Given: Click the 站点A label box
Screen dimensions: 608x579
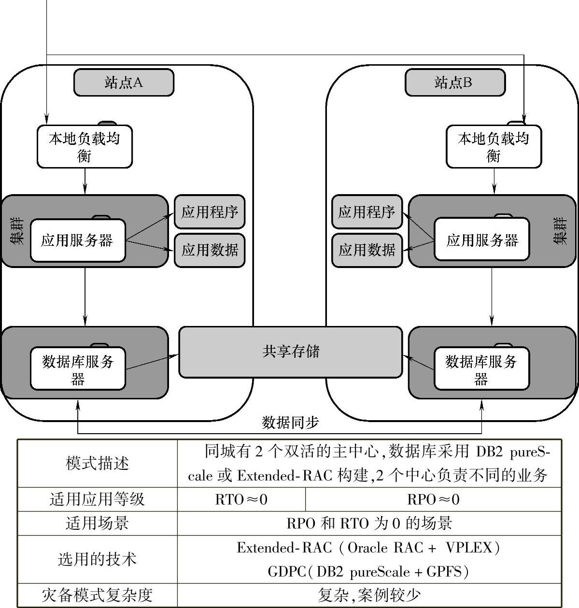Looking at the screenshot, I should pyautogui.click(x=124, y=83).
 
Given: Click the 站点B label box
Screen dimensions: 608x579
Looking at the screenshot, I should pyautogui.click(x=454, y=83).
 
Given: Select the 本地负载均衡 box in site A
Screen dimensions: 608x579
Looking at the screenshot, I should pyautogui.click(x=85, y=147).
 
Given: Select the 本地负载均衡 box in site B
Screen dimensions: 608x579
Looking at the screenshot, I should pyautogui.click(x=494, y=147).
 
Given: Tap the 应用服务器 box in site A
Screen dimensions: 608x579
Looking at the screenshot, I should pyautogui.click(x=78, y=240).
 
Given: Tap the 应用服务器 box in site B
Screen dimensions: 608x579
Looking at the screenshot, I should pyautogui.click(x=481, y=240).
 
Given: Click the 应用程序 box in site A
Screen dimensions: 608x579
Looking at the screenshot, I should pyautogui.click(x=210, y=212).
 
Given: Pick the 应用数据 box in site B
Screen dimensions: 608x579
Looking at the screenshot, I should pyautogui.click(x=367, y=250).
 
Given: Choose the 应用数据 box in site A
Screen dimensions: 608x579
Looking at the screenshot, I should pyautogui.click(x=210, y=250).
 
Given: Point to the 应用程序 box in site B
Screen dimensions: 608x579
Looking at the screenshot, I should pyautogui.click(x=367, y=212).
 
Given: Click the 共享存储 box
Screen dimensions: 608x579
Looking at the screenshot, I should pyautogui.click(x=290, y=352).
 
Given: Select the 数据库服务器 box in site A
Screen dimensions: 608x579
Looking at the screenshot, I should pyautogui.click(x=78, y=369).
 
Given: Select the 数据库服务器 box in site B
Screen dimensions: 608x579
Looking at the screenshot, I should pyautogui.click(x=481, y=369).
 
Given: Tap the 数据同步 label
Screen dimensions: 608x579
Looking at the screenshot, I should pyautogui.click(x=290, y=423).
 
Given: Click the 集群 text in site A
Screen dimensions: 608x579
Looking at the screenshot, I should pyautogui.click(x=17, y=231).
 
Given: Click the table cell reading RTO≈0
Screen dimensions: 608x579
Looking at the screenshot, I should pyautogui.click(x=241, y=499).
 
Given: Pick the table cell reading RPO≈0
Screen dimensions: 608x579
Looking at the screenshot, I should pyautogui.click(x=433, y=499).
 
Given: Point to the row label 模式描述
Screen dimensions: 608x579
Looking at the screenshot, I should pyautogui.click(x=97, y=464).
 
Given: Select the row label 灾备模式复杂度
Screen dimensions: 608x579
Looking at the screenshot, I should pyautogui.click(x=97, y=595).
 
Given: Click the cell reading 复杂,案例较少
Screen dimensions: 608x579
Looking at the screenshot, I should pyautogui.click(x=369, y=595).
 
